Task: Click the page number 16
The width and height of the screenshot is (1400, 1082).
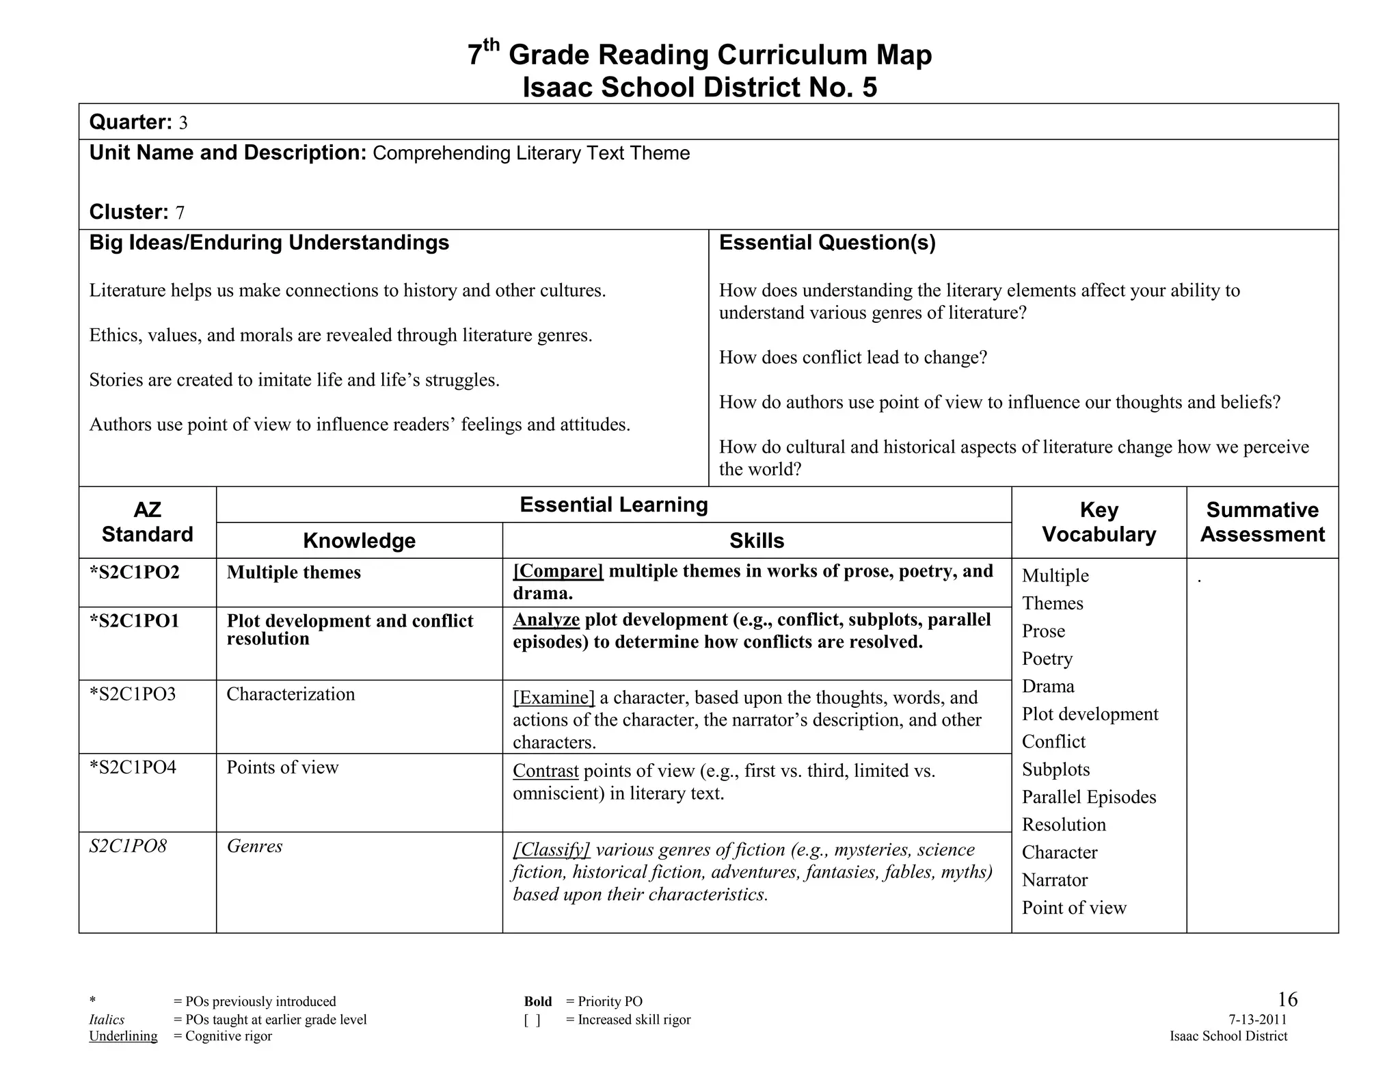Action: click(x=1287, y=999)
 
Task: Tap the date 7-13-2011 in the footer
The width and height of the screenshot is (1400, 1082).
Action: click(x=1257, y=1020)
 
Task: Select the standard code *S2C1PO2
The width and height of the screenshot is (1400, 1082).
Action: click(x=135, y=572)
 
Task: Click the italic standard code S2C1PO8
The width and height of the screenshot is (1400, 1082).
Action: click(x=128, y=847)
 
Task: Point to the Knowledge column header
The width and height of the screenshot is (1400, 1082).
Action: click(x=359, y=541)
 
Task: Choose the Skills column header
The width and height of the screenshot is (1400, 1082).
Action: click(x=757, y=541)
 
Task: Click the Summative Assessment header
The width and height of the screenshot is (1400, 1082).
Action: click(x=1262, y=522)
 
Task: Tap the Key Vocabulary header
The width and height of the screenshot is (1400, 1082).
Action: click(x=1099, y=522)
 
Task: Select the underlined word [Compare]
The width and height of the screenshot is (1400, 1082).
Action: click(x=558, y=571)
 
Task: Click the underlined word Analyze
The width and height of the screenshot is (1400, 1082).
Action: click(x=546, y=620)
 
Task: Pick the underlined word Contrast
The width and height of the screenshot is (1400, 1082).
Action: click(x=546, y=771)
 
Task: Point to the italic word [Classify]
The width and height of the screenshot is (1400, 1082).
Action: click(x=551, y=849)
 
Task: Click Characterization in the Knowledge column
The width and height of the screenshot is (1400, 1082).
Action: click(x=291, y=694)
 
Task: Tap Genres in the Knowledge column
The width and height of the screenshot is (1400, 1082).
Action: click(x=254, y=847)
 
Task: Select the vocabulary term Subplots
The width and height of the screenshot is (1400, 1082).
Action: click(x=1055, y=769)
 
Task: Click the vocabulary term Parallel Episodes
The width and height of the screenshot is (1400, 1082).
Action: click(x=1089, y=797)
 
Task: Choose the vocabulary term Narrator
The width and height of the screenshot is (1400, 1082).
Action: click(x=1055, y=880)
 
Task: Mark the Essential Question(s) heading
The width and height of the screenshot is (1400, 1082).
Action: click(x=827, y=243)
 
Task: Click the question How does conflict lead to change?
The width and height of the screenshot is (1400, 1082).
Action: click(x=853, y=358)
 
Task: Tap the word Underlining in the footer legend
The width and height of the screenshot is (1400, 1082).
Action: click(x=123, y=1036)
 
